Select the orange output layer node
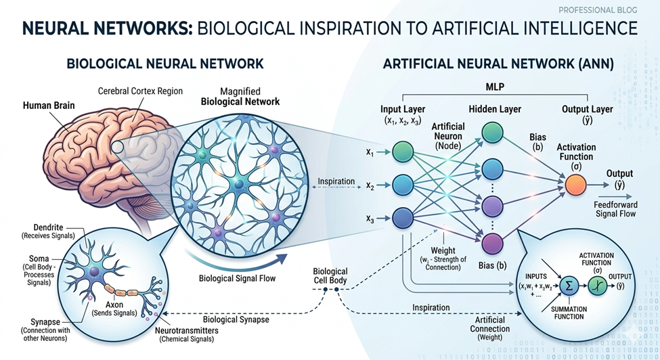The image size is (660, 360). [574, 183]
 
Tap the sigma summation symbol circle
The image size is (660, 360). [569, 286]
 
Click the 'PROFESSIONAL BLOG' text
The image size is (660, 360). [597, 11]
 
